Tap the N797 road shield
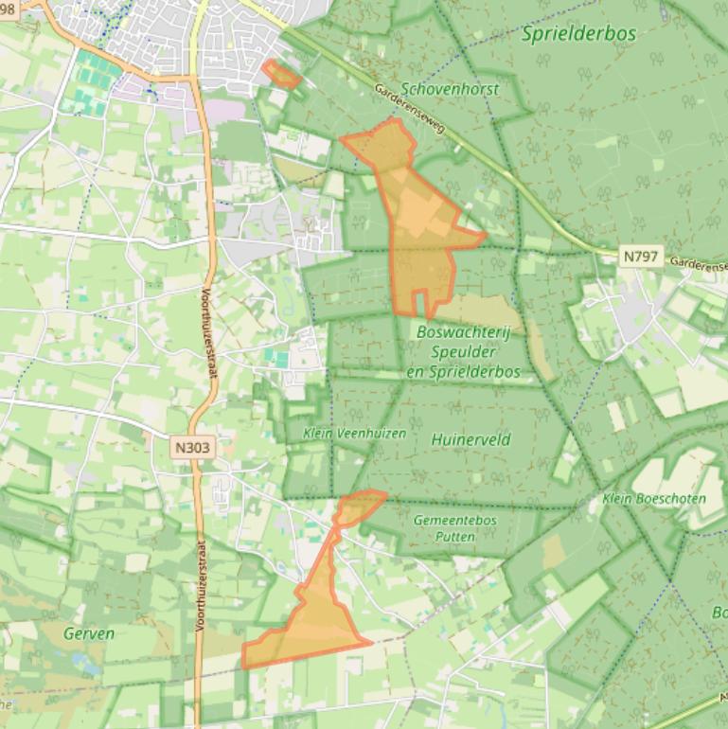[x=641, y=256]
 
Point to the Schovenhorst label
[x=450, y=88]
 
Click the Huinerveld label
[x=471, y=439]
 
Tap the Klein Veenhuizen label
[x=354, y=434]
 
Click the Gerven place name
[x=89, y=633]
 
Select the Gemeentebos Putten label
[x=454, y=527]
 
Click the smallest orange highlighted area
[x=281, y=74]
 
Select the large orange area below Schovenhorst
[x=417, y=218]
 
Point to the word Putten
[x=455, y=536]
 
